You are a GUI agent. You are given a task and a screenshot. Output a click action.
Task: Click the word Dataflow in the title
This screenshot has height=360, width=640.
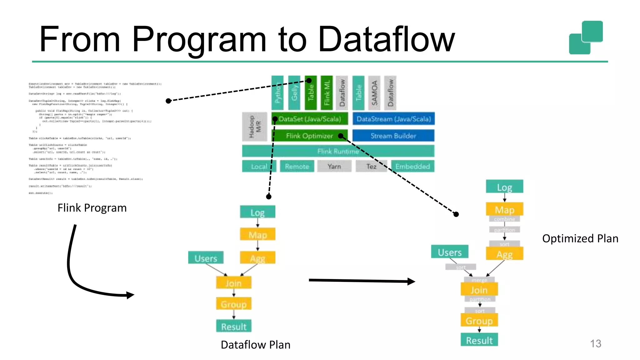pyautogui.click(x=386, y=40)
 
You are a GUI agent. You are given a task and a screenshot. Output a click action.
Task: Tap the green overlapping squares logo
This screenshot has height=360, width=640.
pyautogui.click(x=586, y=37)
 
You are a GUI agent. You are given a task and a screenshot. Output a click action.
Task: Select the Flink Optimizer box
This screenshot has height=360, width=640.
pyautogui.click(x=309, y=136)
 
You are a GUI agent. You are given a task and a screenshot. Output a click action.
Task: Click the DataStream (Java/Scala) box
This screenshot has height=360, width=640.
pyautogui.click(x=393, y=119)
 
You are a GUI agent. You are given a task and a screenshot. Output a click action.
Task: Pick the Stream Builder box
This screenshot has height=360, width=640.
pyautogui.click(x=393, y=136)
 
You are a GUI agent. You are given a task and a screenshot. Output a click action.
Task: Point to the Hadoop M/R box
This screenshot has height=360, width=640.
pyautogui.click(x=255, y=127)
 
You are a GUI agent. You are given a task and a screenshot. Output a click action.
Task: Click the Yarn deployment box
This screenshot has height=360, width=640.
pyautogui.click(x=334, y=166)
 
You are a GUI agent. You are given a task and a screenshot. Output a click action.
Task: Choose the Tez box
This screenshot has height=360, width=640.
pyautogui.click(x=371, y=166)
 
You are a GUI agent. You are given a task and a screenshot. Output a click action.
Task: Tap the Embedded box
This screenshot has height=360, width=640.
pyautogui.click(x=412, y=166)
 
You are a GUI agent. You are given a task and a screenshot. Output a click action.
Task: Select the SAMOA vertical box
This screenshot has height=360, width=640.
pyautogui.click(x=374, y=93)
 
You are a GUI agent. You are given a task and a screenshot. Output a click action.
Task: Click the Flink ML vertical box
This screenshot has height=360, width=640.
pyautogui.click(x=327, y=93)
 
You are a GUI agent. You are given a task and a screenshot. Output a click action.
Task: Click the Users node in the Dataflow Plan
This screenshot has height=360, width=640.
pyautogui.click(x=206, y=258)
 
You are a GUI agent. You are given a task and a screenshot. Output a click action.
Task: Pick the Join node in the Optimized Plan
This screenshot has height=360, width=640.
pyautogui.click(x=479, y=290)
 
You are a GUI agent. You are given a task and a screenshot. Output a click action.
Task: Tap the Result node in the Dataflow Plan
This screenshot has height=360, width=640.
pyautogui.click(x=234, y=326)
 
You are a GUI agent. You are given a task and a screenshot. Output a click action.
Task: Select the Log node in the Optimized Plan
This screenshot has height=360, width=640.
pyautogui.click(x=504, y=187)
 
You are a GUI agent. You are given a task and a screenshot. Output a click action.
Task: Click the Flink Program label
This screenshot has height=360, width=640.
pyautogui.click(x=92, y=208)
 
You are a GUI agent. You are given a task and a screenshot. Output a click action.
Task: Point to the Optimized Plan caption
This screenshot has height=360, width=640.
pyautogui.click(x=580, y=238)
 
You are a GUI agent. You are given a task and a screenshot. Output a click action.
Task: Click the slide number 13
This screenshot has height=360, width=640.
pyautogui.click(x=595, y=343)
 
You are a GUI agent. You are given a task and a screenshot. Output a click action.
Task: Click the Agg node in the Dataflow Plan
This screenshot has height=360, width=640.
pyautogui.click(x=257, y=258)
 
